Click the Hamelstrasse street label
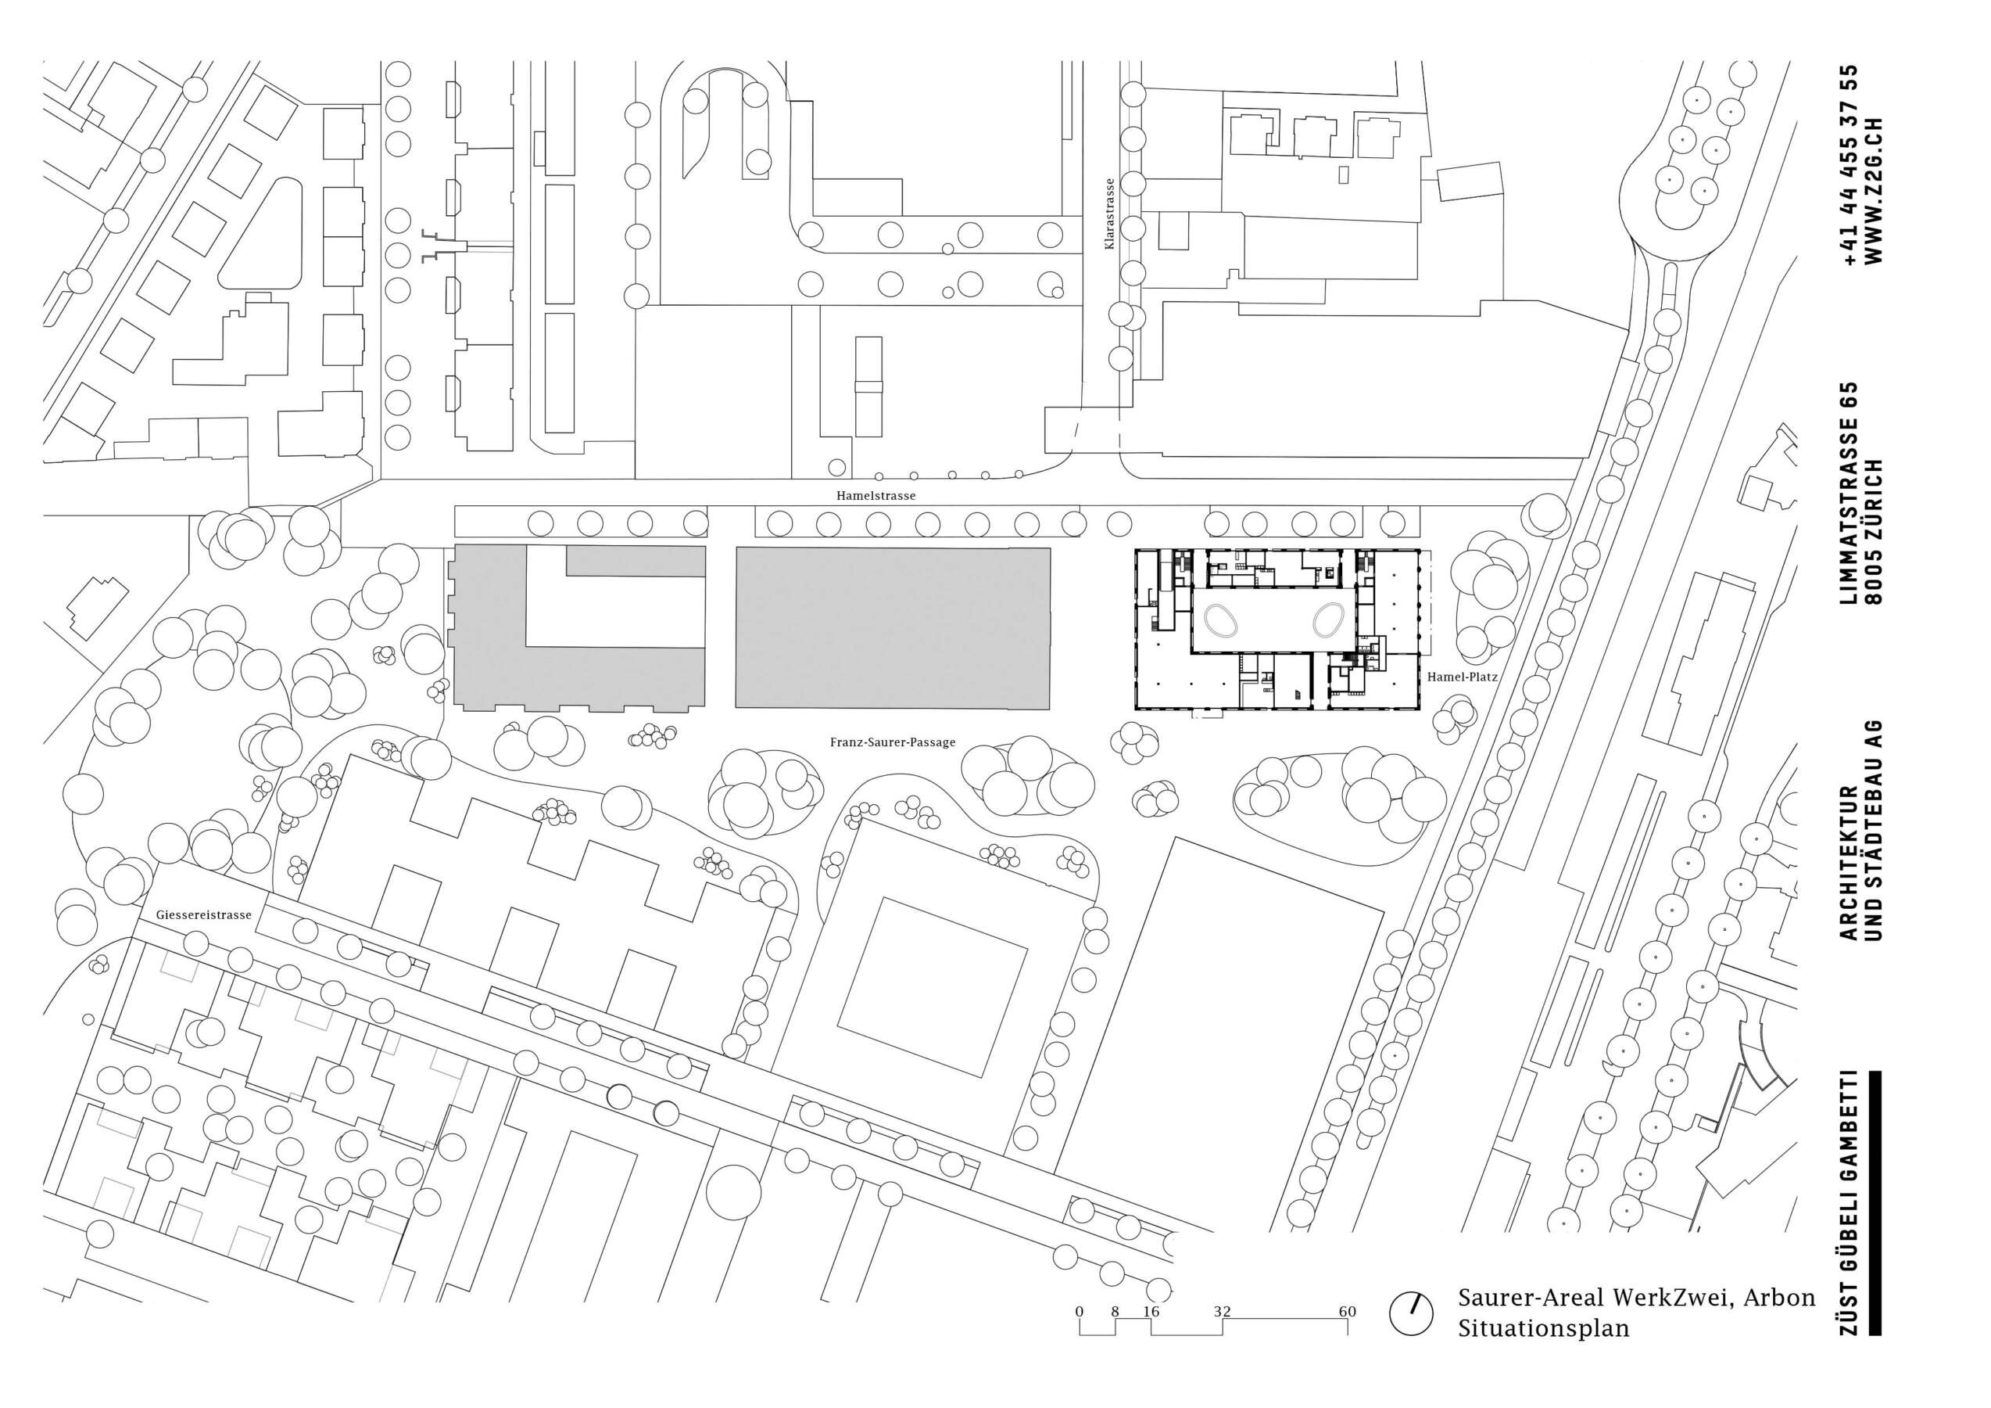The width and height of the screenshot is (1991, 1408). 876,496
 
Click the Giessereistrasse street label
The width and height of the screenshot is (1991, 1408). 204,914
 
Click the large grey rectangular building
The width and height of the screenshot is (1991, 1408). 893,628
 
